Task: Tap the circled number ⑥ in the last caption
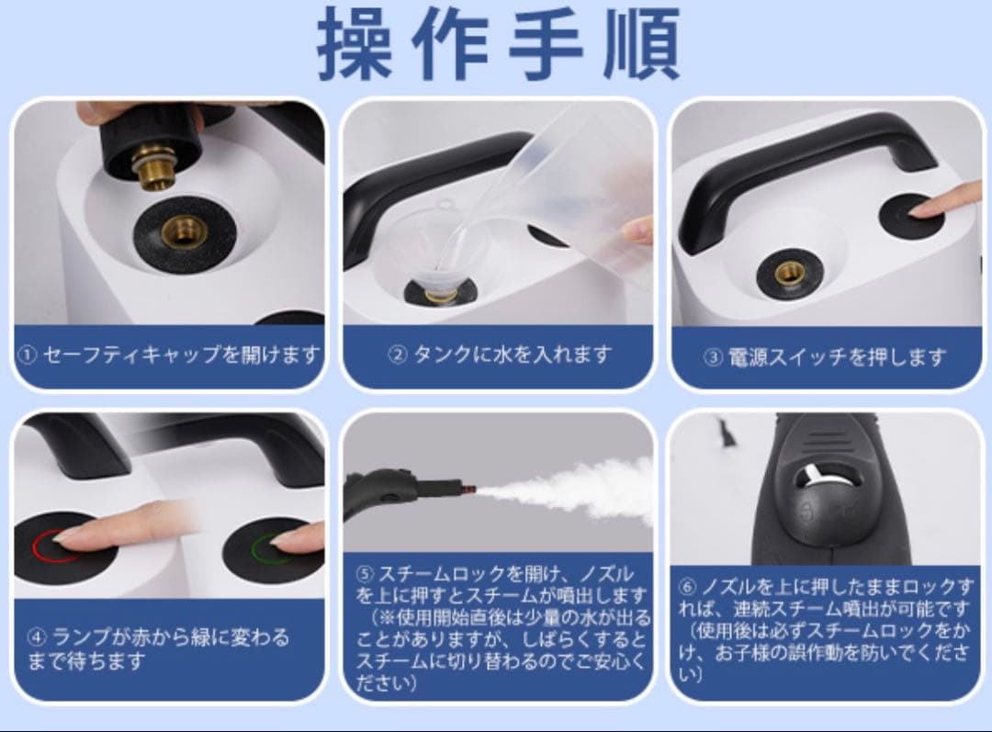coord(688,586)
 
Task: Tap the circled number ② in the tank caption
coord(397,355)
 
